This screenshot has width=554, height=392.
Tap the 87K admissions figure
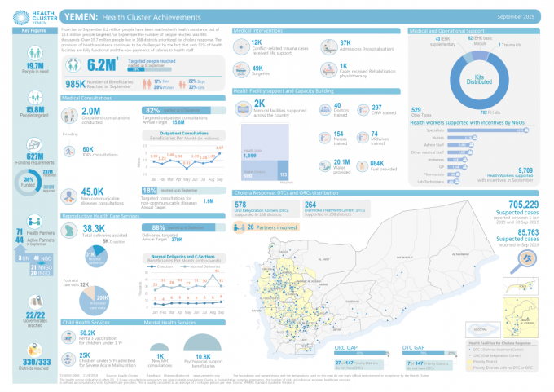click(x=345, y=42)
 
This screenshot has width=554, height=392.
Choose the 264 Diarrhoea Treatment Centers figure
click(x=310, y=205)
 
